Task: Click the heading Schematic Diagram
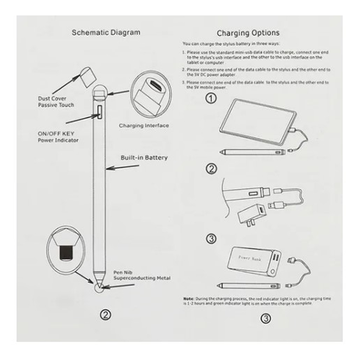[x=106, y=32]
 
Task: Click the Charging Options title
[x=248, y=33]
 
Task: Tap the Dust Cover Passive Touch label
[x=56, y=102]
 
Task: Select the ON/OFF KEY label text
[x=56, y=133]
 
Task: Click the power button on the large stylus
[x=99, y=112]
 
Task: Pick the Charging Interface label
[x=144, y=126]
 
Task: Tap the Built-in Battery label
[x=144, y=157]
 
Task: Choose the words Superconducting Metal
[x=142, y=278]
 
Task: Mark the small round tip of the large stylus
[x=98, y=287]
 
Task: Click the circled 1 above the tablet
[x=211, y=98]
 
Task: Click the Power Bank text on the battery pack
[x=250, y=258]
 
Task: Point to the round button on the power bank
[x=272, y=272]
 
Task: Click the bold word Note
[x=189, y=299]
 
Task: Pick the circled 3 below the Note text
[x=265, y=318]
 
